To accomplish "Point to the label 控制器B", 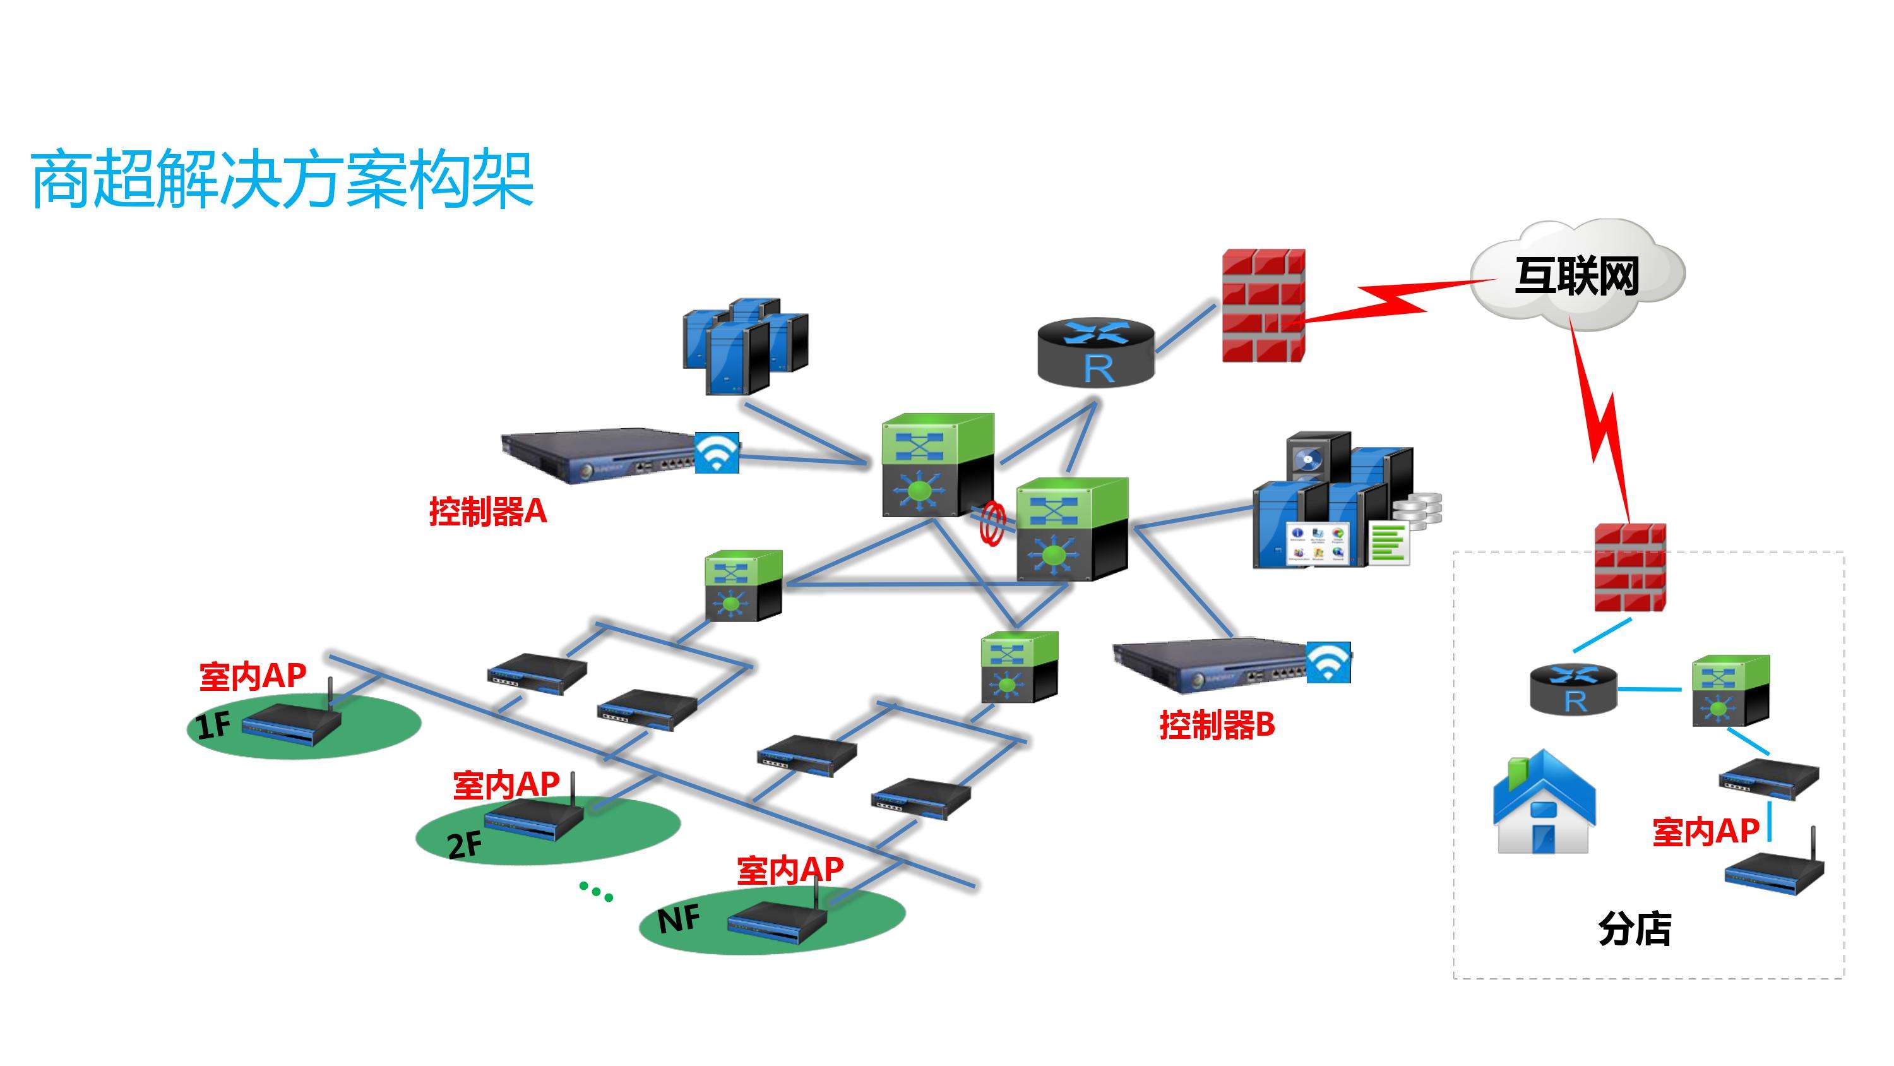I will tap(1217, 724).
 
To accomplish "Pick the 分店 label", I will tap(1635, 928).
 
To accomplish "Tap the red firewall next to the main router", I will tap(1263, 305).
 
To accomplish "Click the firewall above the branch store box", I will tap(1629, 567).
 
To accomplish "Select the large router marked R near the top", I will tap(1095, 353).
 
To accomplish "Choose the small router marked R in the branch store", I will tap(1573, 690).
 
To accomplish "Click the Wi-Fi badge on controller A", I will tap(717, 452).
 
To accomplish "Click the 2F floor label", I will tap(465, 844).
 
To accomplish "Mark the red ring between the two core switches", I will tap(992, 524).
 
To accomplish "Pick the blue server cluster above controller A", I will tap(745, 346).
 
